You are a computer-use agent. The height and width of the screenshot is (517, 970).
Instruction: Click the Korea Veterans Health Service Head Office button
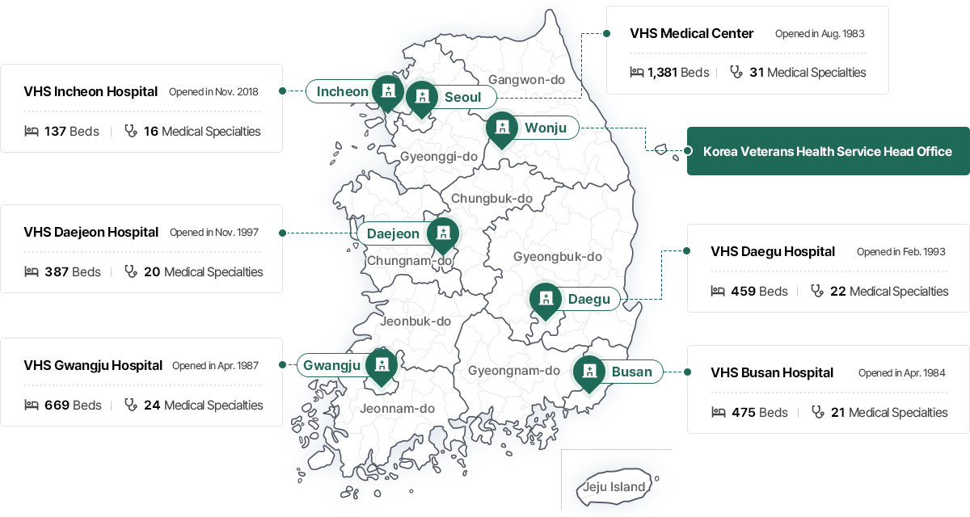pos(828,151)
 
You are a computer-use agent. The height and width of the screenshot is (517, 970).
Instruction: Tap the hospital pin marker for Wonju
pos(502,128)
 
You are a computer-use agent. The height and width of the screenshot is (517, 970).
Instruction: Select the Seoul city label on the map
pos(462,98)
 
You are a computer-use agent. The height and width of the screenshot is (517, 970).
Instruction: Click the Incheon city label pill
pos(342,91)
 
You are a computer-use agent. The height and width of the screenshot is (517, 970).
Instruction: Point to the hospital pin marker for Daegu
pos(546,299)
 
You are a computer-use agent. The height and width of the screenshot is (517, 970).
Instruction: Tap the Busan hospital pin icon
pos(589,372)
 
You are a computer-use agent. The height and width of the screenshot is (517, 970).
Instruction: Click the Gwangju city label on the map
pos(331,365)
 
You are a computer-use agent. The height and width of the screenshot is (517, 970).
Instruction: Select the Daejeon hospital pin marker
pos(442,233)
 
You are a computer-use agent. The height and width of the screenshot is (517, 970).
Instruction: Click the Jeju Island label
pos(615,486)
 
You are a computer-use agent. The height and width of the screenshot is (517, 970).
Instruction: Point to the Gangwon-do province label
pos(526,79)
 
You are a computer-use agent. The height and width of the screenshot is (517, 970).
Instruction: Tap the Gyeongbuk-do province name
pos(558,257)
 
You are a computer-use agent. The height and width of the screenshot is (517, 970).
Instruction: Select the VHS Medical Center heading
pos(691,33)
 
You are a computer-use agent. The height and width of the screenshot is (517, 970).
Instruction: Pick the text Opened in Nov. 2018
pos(213,91)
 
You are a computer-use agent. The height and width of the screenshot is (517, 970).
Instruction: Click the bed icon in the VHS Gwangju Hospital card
pos(32,405)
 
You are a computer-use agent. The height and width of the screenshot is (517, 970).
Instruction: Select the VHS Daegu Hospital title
pos(772,251)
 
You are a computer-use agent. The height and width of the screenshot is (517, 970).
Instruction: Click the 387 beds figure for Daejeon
pos(57,272)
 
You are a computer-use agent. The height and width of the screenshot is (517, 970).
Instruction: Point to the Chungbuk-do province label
pos(491,199)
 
